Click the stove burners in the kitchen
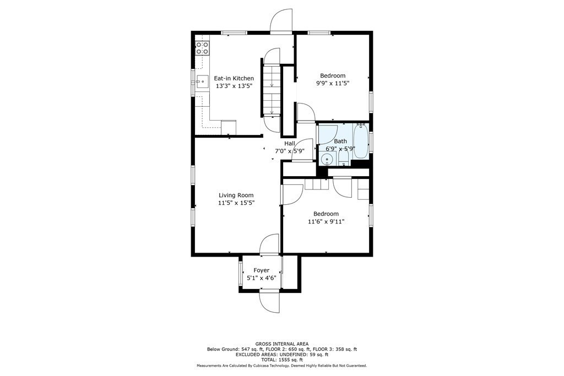(202, 47)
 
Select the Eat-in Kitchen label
(234, 78)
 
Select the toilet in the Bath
(343, 157)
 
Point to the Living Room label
(236, 195)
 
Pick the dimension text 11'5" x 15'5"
(236, 203)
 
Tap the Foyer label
(261, 270)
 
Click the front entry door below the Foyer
(270, 300)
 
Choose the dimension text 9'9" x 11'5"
(333, 83)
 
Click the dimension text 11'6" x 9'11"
(326, 221)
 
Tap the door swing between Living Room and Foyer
(269, 244)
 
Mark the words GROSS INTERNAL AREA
(281, 344)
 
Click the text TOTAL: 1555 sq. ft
(281, 359)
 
